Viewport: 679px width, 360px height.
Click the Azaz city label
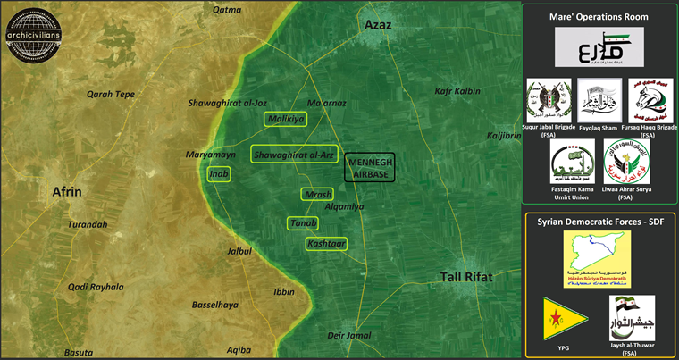pyautogui.click(x=378, y=28)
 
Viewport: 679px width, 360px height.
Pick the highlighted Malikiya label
pyautogui.click(x=285, y=119)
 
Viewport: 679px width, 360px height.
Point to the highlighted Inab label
pyautogui.click(x=219, y=173)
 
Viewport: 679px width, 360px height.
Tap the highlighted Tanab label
pyautogui.click(x=303, y=222)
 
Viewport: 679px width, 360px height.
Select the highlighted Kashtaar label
pyautogui.click(x=326, y=243)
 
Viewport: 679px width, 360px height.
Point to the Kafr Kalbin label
pyautogui.click(x=457, y=91)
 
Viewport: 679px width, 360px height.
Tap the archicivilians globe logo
pyautogui.click(x=33, y=30)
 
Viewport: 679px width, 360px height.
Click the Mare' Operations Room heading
pyautogui.click(x=599, y=16)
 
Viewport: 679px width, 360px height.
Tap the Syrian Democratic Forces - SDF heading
pyautogui.click(x=599, y=221)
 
